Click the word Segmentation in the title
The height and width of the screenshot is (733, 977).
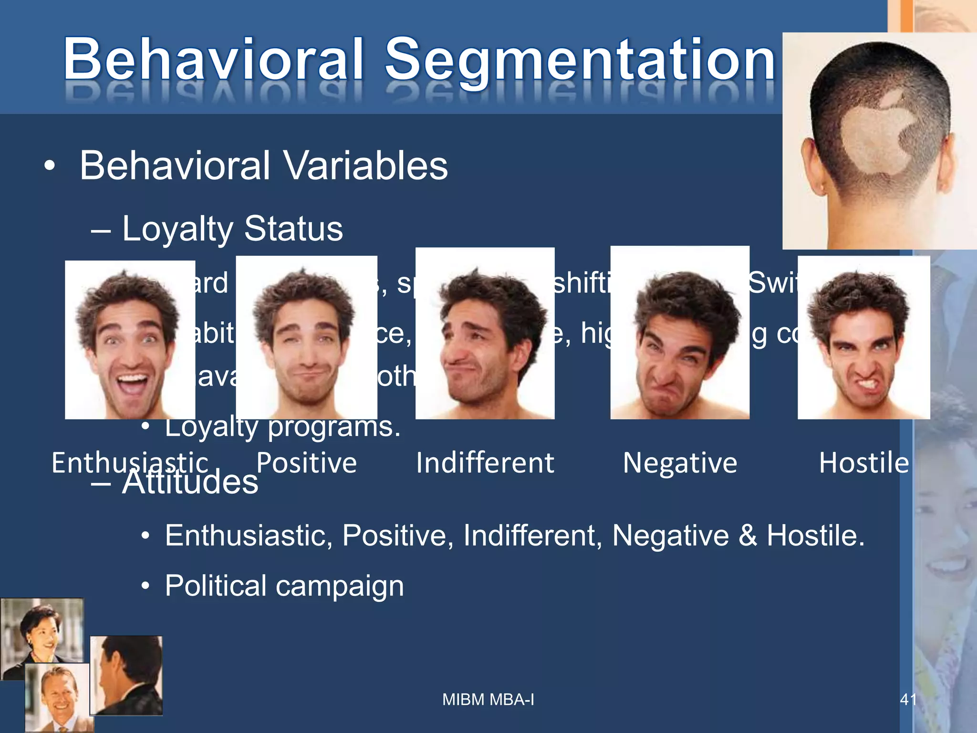580,60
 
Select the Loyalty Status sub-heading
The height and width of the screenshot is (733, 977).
232,229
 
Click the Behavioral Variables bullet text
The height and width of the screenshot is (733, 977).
263,166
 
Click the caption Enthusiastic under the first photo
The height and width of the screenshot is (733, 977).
130,462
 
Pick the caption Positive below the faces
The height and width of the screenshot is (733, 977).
306,462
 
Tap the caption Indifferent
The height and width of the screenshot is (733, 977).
485,462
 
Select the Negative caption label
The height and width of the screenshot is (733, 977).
680,462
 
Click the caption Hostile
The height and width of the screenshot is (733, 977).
864,462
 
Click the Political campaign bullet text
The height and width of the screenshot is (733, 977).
284,586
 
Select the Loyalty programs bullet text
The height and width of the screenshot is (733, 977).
282,428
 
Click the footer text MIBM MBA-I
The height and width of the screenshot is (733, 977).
488,700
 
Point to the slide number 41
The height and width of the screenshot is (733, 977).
908,700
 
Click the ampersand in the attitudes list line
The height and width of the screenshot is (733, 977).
748,535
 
